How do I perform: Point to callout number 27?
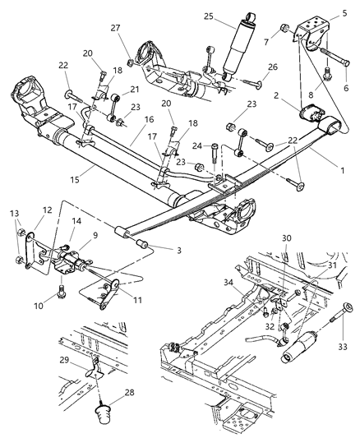(114, 28)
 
